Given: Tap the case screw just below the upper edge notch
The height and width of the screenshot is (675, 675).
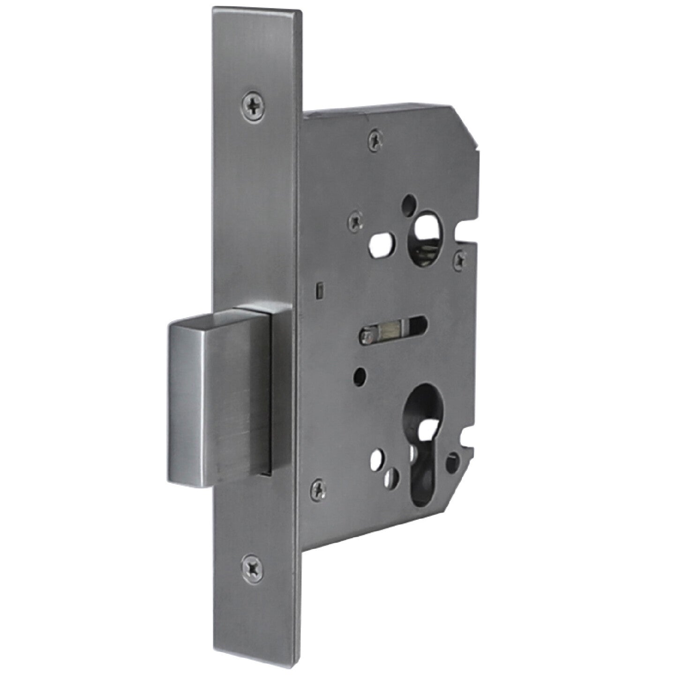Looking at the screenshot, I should pyautogui.click(x=461, y=257).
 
